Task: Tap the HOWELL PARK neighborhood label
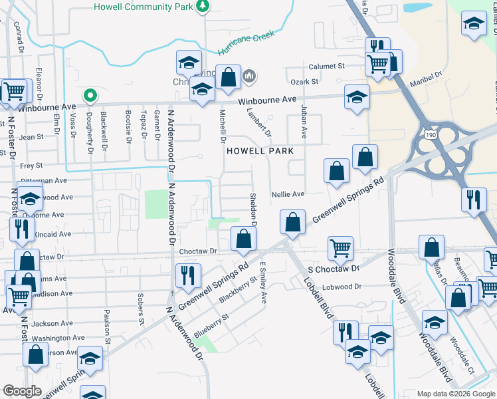[x=260, y=151]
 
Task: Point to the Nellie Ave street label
[x=288, y=194]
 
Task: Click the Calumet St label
[x=327, y=66]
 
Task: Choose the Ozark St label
[x=306, y=82]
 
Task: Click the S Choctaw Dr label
[x=333, y=268]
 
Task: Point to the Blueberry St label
[x=211, y=324]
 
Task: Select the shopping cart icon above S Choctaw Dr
[x=340, y=248]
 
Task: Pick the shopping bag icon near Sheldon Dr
[x=243, y=238]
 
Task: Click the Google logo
[x=22, y=391]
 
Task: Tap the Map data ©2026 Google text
[x=456, y=394]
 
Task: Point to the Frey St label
[x=31, y=165]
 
